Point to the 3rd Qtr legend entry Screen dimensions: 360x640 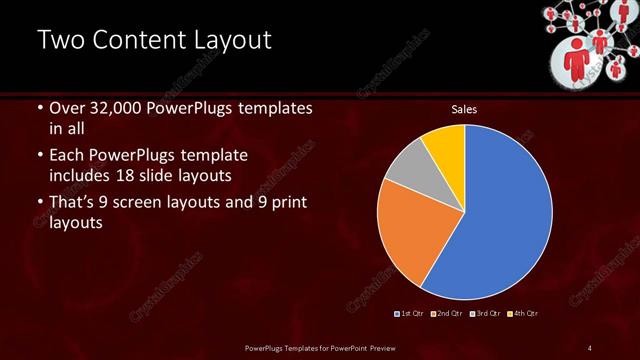tap(484, 313)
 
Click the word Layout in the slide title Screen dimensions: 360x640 tap(221, 41)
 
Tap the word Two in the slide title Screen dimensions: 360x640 tap(60, 41)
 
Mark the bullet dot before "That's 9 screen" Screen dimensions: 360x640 tap(39, 204)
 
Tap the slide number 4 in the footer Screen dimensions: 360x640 tap(589, 347)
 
